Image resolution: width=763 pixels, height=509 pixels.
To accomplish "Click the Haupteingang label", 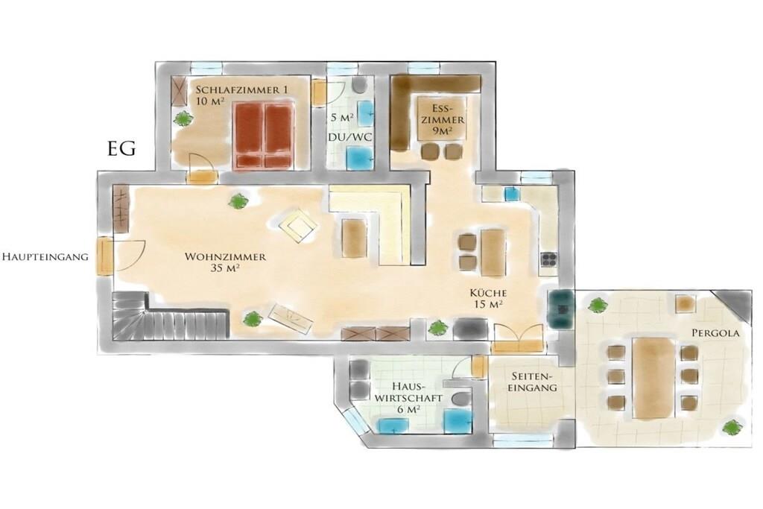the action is point(45,256).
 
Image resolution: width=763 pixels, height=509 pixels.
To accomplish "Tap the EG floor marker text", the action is point(121,148).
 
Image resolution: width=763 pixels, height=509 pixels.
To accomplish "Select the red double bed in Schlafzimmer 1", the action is point(265,136).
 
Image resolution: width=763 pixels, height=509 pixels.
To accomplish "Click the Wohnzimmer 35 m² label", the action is point(225,262).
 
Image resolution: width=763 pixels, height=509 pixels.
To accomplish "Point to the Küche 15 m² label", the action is point(488,298).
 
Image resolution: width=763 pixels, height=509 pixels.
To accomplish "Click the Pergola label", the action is point(715,333).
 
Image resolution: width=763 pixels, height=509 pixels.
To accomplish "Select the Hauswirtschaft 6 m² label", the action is point(408,397).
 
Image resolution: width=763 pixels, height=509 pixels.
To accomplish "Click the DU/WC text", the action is point(350,137).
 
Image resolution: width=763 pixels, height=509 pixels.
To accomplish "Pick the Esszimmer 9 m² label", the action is point(443,119).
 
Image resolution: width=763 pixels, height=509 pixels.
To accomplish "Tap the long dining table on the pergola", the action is point(653,377).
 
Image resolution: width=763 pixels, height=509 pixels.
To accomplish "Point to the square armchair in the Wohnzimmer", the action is point(298,225).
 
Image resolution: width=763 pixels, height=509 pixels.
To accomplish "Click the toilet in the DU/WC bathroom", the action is point(359,85).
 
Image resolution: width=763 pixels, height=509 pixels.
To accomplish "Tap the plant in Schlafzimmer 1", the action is point(183,118).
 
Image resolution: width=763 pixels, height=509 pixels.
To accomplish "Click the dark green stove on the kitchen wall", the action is point(561,309).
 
